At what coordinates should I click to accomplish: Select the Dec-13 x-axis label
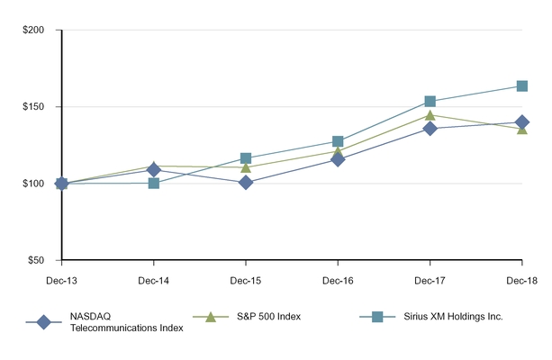61,280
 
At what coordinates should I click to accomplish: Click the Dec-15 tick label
246,280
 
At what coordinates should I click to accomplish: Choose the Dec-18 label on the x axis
521,280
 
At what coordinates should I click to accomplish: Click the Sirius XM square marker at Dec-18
521,86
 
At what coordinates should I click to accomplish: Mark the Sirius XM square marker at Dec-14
154,183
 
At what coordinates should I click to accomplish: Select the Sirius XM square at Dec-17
430,102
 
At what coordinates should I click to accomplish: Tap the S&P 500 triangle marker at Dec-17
430,115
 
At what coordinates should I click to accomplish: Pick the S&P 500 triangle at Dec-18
521,129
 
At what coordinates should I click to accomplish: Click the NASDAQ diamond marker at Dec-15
246,183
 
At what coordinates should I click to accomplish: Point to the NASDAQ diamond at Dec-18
521,122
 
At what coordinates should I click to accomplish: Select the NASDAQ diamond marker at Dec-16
338,159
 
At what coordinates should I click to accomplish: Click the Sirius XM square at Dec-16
338,141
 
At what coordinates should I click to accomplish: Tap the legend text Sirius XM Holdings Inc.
448,317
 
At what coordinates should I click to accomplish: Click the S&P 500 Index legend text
267,317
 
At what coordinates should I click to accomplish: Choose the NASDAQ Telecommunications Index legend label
126,322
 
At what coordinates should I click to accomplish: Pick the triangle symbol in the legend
210,317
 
